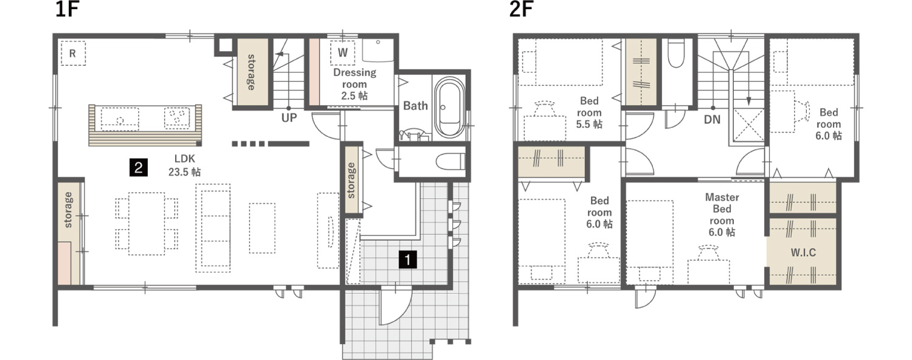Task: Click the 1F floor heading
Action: tap(67, 9)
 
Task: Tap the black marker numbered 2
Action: tap(139, 167)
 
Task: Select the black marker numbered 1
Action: tap(407, 260)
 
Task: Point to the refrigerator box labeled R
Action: tap(74, 54)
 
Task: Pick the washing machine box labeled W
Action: tap(342, 52)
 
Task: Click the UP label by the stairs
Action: tap(289, 118)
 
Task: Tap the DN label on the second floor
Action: tap(712, 119)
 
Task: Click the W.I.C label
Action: tap(803, 252)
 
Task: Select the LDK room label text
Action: tap(184, 159)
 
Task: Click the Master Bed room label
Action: tap(722, 209)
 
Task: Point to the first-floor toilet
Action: tap(451, 162)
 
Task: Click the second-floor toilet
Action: tap(676, 54)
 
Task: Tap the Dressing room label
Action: tap(354, 78)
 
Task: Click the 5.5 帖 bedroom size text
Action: tap(589, 124)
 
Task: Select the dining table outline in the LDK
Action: tap(147, 224)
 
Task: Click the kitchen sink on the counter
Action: tap(120, 119)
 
